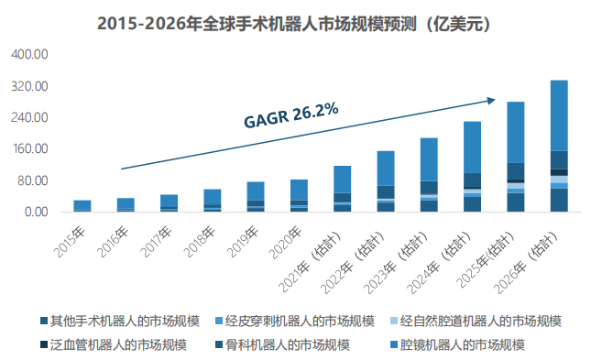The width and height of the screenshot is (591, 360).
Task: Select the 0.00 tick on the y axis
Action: click(x=35, y=213)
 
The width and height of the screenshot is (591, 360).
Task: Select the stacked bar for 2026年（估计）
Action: click(x=558, y=147)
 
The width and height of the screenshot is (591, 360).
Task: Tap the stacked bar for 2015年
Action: click(x=82, y=206)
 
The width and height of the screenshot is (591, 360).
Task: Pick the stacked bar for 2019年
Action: click(x=256, y=197)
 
